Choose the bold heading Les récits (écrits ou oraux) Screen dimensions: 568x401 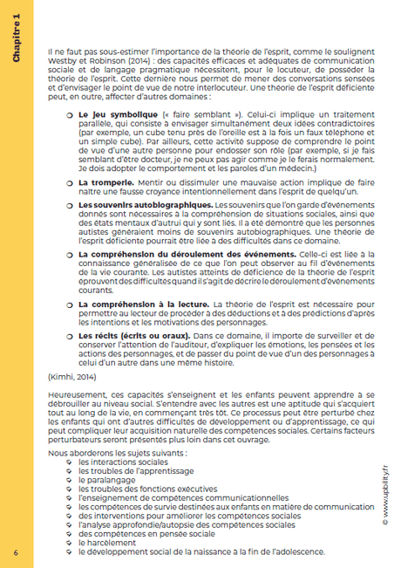pyautogui.click(x=123, y=359)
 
